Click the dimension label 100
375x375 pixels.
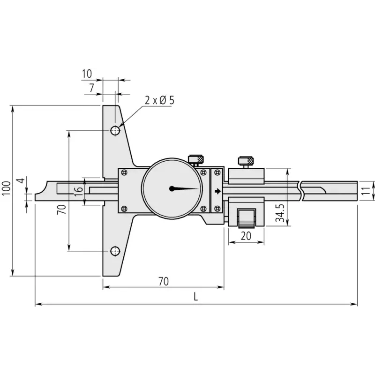coord(7,188)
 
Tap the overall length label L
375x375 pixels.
coord(196,297)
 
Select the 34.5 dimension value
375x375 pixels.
coord(280,213)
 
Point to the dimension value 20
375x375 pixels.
coord(246,236)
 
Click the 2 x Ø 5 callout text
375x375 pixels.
coord(159,100)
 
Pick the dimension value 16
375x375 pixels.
coord(78,192)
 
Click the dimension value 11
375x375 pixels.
coord(366,191)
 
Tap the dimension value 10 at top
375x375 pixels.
coord(87,74)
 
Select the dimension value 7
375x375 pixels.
coord(91,88)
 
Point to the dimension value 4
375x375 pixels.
coord(22,180)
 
